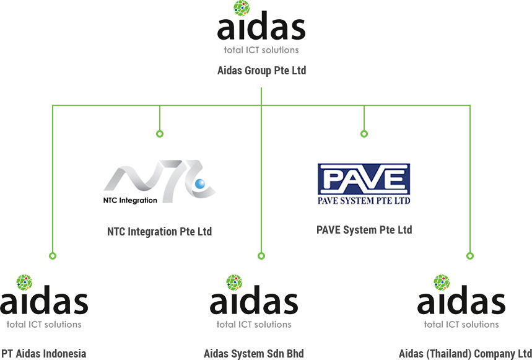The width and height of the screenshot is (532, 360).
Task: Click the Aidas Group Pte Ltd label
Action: tap(261, 71)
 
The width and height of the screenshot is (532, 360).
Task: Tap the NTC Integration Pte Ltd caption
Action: tap(159, 232)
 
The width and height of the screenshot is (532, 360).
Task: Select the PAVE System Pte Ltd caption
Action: tap(364, 230)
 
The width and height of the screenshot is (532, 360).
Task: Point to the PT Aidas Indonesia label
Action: tap(43, 354)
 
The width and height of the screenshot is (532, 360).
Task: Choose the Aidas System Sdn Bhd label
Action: tap(254, 354)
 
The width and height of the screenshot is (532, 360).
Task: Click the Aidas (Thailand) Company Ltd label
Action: tap(465, 354)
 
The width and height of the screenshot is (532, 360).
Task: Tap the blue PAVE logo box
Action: tap(364, 180)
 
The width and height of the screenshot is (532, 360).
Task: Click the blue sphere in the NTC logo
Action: tap(200, 183)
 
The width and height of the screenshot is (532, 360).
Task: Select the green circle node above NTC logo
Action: tap(160, 134)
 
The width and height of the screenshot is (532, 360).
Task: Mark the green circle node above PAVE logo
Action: tap(364, 134)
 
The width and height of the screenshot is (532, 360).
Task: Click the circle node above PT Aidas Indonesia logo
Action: tap(53, 255)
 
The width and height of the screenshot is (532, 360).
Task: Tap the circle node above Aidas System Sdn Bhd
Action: tap(261, 255)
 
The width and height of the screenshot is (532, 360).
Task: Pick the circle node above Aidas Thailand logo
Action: tap(470, 255)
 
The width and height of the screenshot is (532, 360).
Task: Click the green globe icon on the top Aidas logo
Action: tap(242, 8)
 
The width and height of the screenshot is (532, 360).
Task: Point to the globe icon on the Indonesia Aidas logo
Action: tap(24, 282)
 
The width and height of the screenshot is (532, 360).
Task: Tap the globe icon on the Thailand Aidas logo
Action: tap(442, 282)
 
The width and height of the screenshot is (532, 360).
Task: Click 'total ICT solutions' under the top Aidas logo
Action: tap(261, 50)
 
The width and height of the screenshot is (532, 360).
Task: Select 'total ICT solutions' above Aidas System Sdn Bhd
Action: tap(254, 324)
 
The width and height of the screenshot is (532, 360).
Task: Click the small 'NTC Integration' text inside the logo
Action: tap(130, 200)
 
